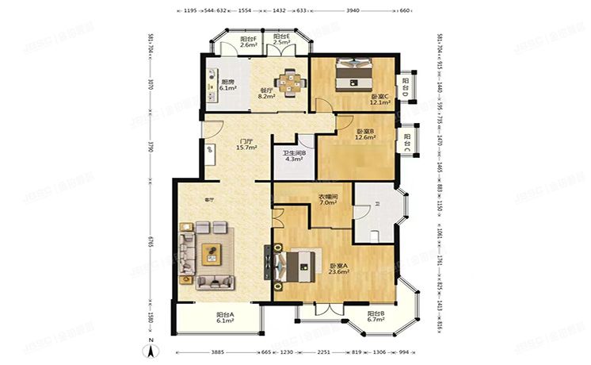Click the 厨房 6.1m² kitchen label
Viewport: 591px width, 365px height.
tap(227, 85)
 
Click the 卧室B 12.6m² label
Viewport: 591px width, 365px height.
tap(365, 134)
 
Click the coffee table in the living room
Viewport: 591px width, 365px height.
tap(213, 253)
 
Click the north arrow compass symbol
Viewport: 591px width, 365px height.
tap(149, 347)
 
